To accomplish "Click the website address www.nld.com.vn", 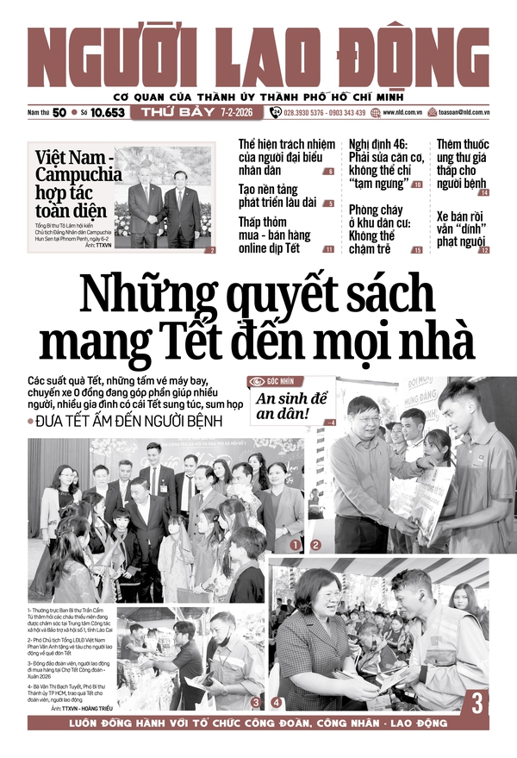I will point(402,112).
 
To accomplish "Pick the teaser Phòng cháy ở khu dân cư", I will point(380,229).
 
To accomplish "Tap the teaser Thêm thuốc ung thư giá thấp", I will point(462,164).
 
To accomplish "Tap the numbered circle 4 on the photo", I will point(276,703).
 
